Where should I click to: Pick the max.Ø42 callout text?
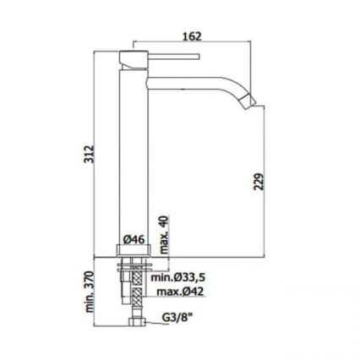[180, 292]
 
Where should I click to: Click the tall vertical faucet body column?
[133, 152]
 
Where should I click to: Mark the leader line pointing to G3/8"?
[150, 322]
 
